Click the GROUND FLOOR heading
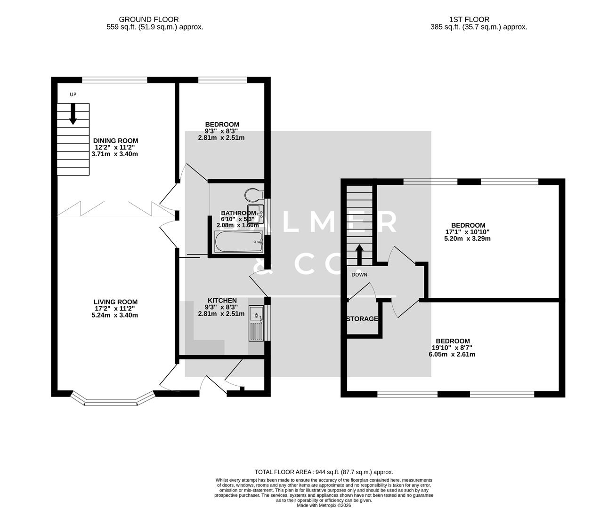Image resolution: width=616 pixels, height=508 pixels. point(148,19)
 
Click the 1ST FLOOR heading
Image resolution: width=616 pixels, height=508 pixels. point(469,19)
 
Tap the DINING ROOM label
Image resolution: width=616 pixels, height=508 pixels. point(115,141)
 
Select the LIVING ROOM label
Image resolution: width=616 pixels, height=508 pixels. point(115,302)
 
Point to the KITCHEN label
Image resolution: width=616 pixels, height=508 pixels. point(222,301)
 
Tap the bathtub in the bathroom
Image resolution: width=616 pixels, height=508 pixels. point(238,242)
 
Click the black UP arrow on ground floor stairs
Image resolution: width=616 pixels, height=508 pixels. point(73,114)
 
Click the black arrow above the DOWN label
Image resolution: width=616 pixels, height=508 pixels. point(359,255)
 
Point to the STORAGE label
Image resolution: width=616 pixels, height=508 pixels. point(362,319)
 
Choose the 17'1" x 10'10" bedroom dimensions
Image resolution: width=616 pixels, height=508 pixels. point(468,232)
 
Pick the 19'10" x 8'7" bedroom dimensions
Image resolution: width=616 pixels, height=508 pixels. point(452,348)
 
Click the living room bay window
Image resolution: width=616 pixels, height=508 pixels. point(112,401)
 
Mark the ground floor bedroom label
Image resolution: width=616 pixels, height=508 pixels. point(221,125)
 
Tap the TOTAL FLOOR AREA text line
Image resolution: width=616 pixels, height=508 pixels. point(324,472)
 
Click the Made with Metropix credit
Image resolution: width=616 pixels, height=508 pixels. point(324,506)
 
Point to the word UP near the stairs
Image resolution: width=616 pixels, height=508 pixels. point(73,95)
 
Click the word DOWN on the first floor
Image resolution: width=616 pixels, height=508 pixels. point(359,275)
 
